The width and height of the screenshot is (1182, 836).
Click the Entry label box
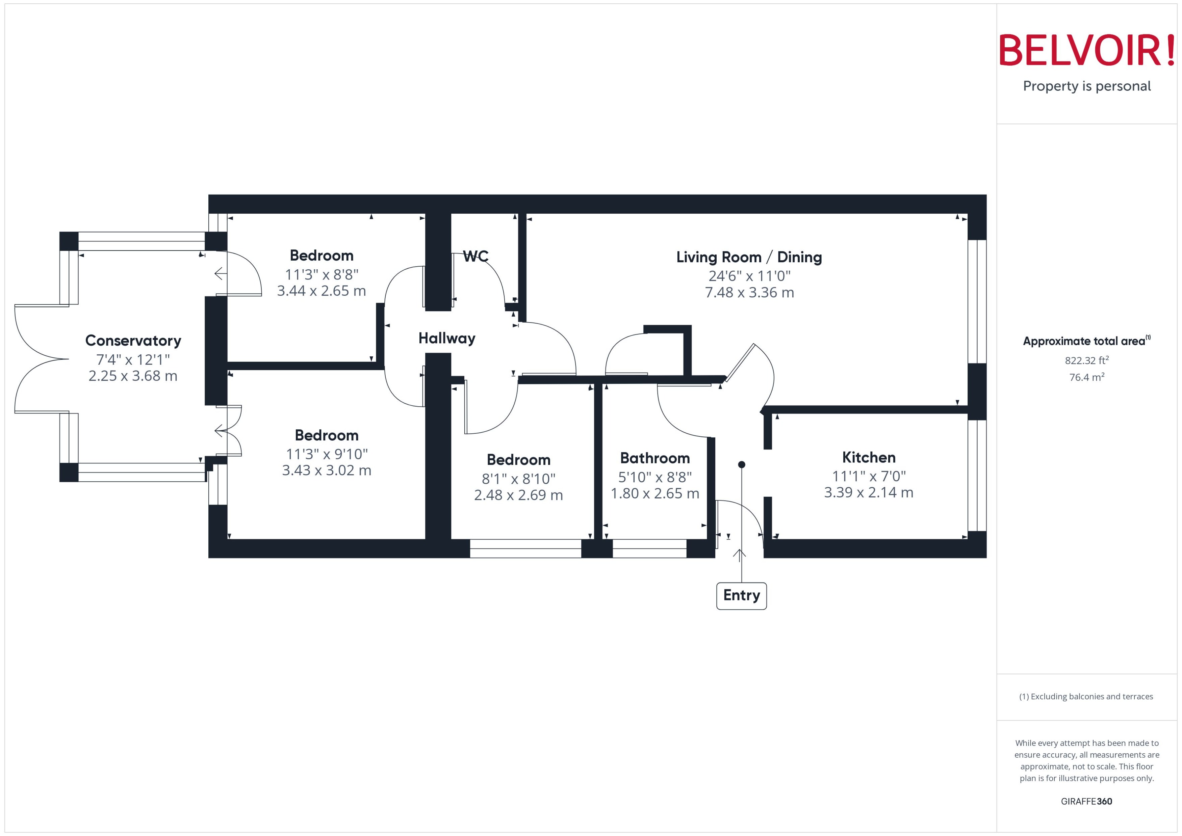click(741, 596)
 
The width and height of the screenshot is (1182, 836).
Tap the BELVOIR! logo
click(1087, 50)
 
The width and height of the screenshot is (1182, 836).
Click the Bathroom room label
click(654, 458)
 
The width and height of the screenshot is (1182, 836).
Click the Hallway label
click(446, 338)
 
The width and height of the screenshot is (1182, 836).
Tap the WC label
click(476, 256)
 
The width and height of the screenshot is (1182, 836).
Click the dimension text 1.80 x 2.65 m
click(654, 493)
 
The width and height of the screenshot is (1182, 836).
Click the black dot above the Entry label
click(741, 464)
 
